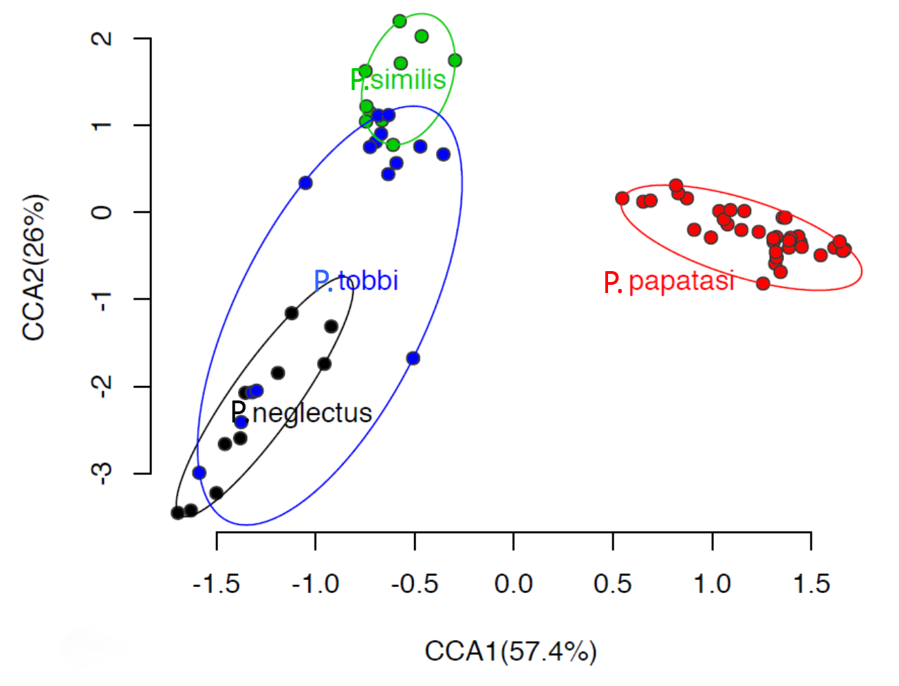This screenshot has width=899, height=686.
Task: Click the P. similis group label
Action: pos(398,80)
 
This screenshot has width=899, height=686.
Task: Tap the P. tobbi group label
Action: pos(356,281)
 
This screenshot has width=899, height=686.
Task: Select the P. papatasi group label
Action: pos(669,281)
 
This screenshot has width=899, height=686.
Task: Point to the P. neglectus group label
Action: pos(301,413)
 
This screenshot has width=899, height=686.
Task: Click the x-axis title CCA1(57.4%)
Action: pos(510,651)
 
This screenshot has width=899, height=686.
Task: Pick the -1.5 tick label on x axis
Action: pos(216,584)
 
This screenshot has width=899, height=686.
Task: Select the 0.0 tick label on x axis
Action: pos(513,584)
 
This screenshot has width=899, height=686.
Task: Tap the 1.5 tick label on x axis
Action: pos(811,584)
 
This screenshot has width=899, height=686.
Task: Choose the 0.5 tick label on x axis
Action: pos(612,584)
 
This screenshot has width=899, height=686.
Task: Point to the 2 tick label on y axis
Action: pos(102,39)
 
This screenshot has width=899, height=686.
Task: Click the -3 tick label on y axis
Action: pos(102,473)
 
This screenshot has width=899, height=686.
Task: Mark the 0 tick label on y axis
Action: pos(102,212)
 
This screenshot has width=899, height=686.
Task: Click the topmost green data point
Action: pos(400,21)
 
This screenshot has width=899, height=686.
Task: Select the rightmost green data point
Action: pos(455,61)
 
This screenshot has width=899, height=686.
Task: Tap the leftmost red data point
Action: pos(622,198)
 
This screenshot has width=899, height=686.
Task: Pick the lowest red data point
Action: pos(763,283)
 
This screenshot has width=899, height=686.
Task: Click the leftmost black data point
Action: pos(177,513)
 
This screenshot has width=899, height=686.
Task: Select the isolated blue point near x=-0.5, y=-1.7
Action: pos(413,358)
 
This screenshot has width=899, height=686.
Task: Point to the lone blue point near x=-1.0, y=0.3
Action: pos(305,183)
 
